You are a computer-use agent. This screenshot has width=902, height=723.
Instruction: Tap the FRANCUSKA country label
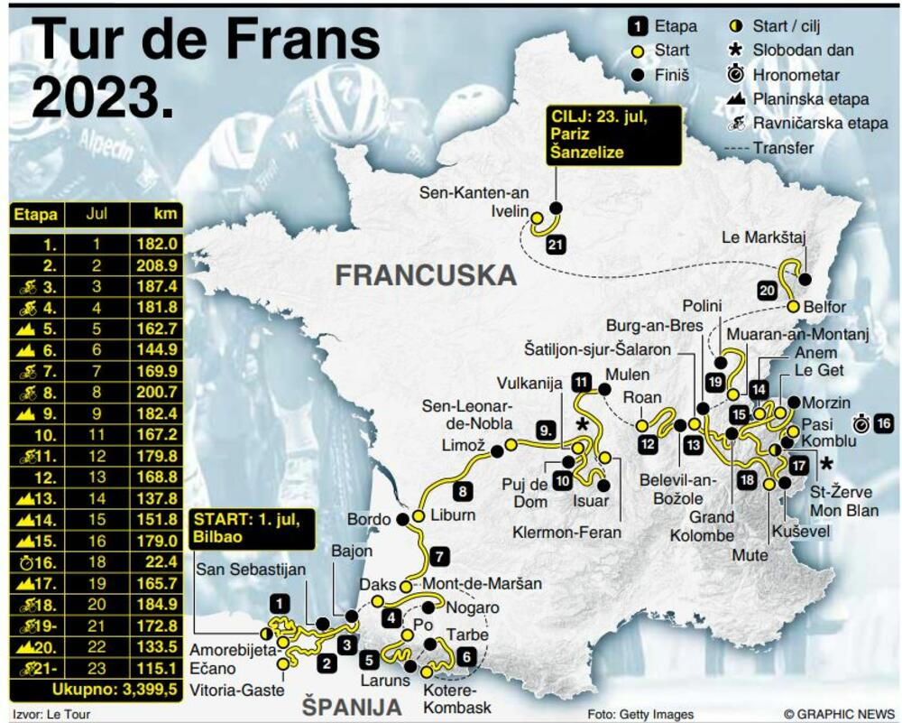426,274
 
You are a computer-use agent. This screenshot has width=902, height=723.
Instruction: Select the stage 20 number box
767,291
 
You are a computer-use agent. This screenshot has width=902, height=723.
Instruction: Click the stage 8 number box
462,492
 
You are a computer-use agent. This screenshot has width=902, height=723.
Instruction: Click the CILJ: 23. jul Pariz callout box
613,137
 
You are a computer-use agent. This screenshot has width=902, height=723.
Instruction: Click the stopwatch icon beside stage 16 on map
861,423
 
